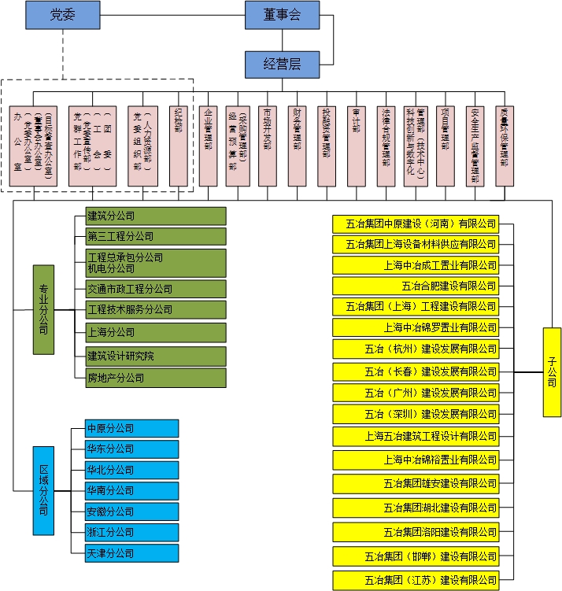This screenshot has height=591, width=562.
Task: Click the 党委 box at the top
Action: [63, 14]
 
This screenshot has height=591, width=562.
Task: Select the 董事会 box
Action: [282, 14]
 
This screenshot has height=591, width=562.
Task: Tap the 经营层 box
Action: [282, 65]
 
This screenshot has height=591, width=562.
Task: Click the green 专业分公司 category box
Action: [43, 309]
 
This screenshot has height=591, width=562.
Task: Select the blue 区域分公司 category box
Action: [43, 490]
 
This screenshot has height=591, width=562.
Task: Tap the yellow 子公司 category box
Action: [552, 371]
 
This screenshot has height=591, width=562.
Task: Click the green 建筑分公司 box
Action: [156, 216]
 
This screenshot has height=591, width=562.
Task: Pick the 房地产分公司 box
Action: [156, 378]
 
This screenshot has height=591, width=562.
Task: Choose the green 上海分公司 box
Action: [156, 331]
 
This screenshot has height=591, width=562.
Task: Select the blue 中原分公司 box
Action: [132, 428]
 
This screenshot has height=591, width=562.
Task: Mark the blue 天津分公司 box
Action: [132, 553]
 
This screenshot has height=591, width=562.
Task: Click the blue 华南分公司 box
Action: [132, 490]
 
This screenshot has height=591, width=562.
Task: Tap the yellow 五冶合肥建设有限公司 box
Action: [416, 286]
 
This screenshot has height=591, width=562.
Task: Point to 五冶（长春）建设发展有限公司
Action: [416, 371]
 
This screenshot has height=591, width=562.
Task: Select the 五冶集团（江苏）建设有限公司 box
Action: [416, 581]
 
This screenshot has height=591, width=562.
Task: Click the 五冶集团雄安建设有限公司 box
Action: [416, 483]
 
